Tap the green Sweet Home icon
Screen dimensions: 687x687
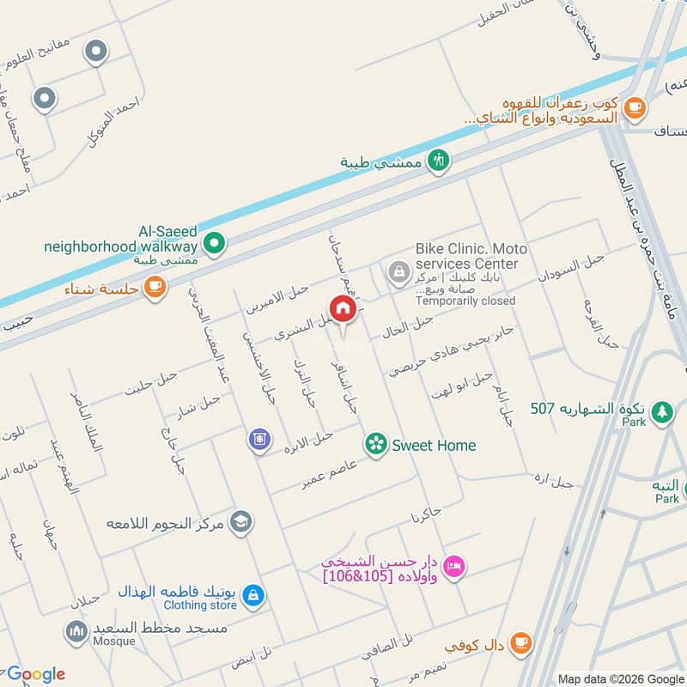pyautogui.click(x=374, y=444)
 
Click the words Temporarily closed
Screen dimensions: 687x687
pyautogui.click(x=465, y=301)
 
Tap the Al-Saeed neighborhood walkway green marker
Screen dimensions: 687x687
pyautogui.click(x=217, y=245)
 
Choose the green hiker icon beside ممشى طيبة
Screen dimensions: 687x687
pyautogui.click(x=439, y=161)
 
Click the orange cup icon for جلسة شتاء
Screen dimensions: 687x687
pyautogui.click(x=155, y=288)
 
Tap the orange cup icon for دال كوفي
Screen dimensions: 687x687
pyautogui.click(x=520, y=641)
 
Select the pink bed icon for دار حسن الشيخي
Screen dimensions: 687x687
pyautogui.click(x=456, y=564)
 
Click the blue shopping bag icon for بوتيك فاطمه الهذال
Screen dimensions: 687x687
pyautogui.click(x=252, y=594)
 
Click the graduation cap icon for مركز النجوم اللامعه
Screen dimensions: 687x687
pyautogui.click(x=241, y=521)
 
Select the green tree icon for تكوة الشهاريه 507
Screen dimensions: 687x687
pyautogui.click(x=661, y=411)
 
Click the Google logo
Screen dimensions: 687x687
pyautogui.click(x=35, y=674)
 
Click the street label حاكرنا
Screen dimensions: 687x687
pyautogui.click(x=426, y=515)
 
